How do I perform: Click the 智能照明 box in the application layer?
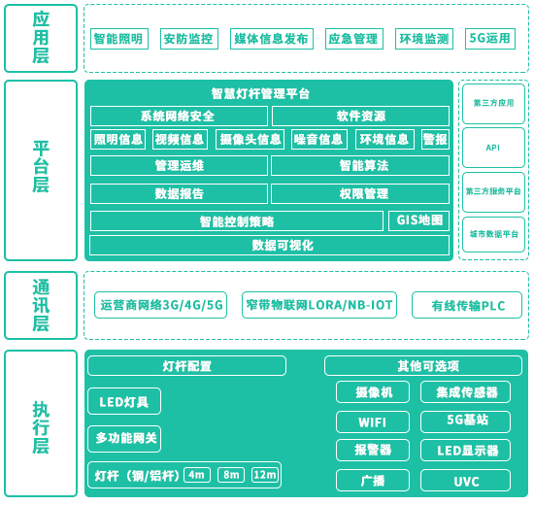click(119, 39)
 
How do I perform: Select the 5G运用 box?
click(490, 39)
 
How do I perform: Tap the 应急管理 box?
click(354, 39)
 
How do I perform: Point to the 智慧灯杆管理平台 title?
click(260, 93)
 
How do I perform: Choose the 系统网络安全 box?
click(179, 117)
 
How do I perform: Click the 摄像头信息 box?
click(250, 140)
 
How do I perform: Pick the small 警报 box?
click(435, 140)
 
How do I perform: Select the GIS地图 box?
click(418, 220)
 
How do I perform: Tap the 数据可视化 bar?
click(269, 245)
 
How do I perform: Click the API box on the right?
click(493, 148)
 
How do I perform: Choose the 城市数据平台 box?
click(493, 234)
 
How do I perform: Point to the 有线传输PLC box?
click(467, 305)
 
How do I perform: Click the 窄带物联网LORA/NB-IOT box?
click(319, 305)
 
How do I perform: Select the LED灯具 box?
click(124, 401)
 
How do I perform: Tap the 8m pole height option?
click(231, 475)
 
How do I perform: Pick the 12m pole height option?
click(265, 475)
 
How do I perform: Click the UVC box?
click(465, 481)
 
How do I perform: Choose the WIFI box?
click(373, 422)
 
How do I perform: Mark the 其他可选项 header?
click(423, 366)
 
